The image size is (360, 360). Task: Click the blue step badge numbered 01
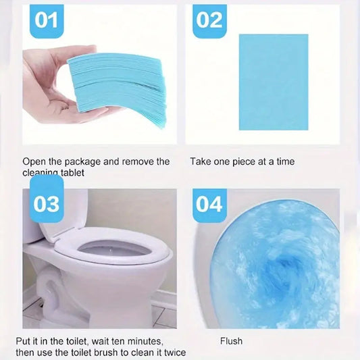point(47,20)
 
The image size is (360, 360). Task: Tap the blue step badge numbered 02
point(209,20)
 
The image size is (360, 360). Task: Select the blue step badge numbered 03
point(47,203)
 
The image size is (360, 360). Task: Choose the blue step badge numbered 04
point(209,203)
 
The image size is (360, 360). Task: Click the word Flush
point(231,342)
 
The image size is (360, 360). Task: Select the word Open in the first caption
point(34,162)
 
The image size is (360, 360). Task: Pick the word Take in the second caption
point(201,162)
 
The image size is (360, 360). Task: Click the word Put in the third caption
point(24,342)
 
